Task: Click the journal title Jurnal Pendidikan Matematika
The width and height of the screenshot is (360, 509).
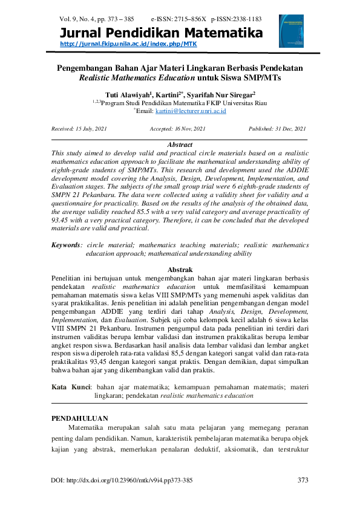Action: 162,33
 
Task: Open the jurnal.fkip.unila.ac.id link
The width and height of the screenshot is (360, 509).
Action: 129,44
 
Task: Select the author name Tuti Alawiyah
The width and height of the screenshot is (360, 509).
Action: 126,95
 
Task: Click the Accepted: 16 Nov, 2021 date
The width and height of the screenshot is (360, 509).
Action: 177,129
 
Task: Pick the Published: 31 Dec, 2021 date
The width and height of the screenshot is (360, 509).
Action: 277,129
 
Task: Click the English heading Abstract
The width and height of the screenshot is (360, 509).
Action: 180,145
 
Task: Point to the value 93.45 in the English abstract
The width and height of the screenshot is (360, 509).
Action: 61,221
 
